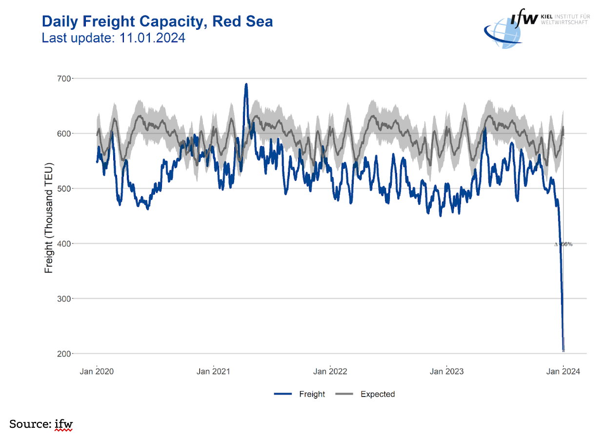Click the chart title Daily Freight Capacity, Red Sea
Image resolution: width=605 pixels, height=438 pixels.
[157, 21]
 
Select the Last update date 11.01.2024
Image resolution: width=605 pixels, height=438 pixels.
[113, 38]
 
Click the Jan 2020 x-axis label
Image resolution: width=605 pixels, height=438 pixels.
[97, 372]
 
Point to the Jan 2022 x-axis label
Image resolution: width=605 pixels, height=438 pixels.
[330, 372]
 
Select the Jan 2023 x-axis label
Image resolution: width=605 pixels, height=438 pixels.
[446, 372]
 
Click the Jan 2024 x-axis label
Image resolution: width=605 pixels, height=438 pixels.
[563, 372]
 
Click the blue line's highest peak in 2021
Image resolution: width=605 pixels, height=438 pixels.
[246, 84]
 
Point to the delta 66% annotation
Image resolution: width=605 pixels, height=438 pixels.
[564, 244]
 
